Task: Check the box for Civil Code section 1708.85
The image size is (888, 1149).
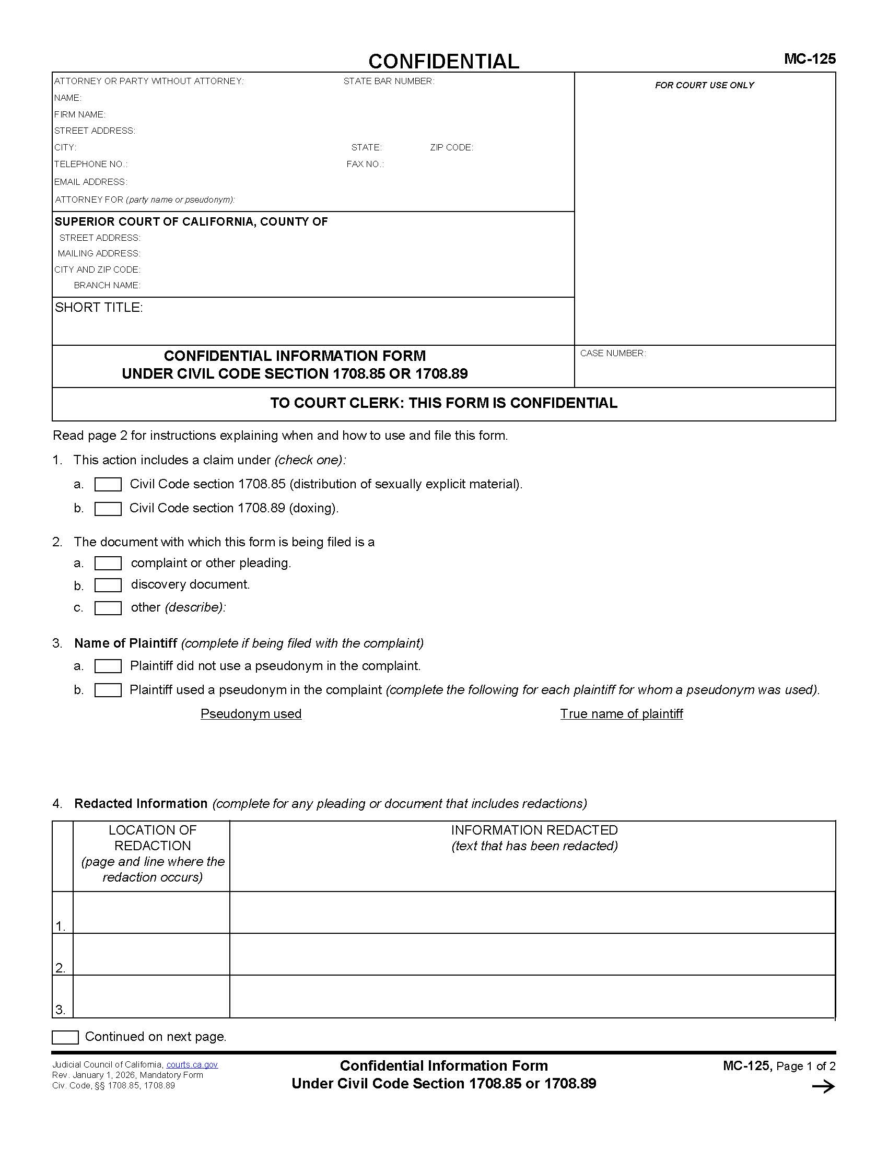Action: click(x=108, y=485)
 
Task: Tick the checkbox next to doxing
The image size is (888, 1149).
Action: click(x=108, y=509)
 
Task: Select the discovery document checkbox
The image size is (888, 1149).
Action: click(x=108, y=585)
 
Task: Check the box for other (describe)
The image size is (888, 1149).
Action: click(x=108, y=608)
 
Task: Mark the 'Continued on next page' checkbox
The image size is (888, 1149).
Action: click(x=65, y=1037)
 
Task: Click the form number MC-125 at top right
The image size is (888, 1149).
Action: click(x=809, y=59)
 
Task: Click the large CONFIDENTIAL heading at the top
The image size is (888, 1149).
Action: click(x=443, y=62)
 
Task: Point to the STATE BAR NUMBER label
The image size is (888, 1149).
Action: click(x=388, y=81)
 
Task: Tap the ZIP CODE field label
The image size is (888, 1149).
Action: click(x=451, y=147)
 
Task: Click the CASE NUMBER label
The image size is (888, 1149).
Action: click(x=613, y=353)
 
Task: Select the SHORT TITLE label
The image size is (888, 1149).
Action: click(x=98, y=307)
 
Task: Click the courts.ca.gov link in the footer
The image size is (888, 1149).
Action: click(x=192, y=1064)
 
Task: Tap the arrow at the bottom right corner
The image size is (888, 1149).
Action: click(x=823, y=1086)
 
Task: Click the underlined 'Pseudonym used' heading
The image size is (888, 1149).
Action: click(x=251, y=713)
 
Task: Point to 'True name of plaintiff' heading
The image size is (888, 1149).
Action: click(x=621, y=713)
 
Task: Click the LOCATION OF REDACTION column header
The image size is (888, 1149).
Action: click(x=152, y=838)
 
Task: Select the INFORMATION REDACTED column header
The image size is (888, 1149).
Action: click(x=534, y=830)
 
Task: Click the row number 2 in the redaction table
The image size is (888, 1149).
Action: click(x=61, y=967)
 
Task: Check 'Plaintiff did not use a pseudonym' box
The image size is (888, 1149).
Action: click(x=108, y=666)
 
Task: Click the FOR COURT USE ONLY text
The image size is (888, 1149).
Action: click(x=705, y=85)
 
